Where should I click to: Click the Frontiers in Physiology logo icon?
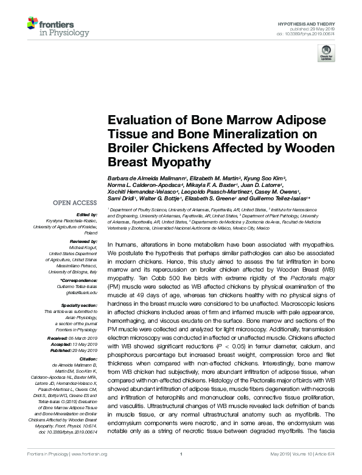tap(33, 25)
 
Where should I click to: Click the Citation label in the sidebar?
tap(88, 342)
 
